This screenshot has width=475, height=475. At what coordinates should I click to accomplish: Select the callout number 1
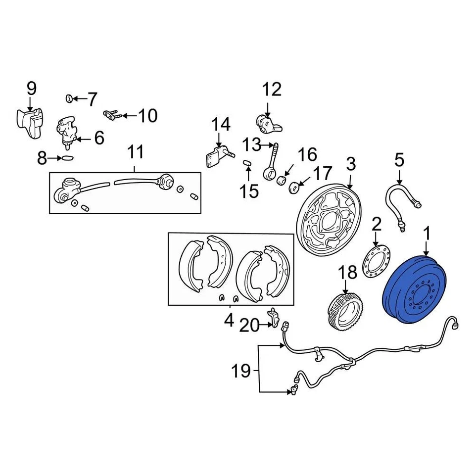tap(427, 232)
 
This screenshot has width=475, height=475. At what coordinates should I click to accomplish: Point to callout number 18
tap(347, 273)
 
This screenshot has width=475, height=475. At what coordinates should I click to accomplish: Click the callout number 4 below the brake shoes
tap(229, 321)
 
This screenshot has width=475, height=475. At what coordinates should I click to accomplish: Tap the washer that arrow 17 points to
tap(292, 187)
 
